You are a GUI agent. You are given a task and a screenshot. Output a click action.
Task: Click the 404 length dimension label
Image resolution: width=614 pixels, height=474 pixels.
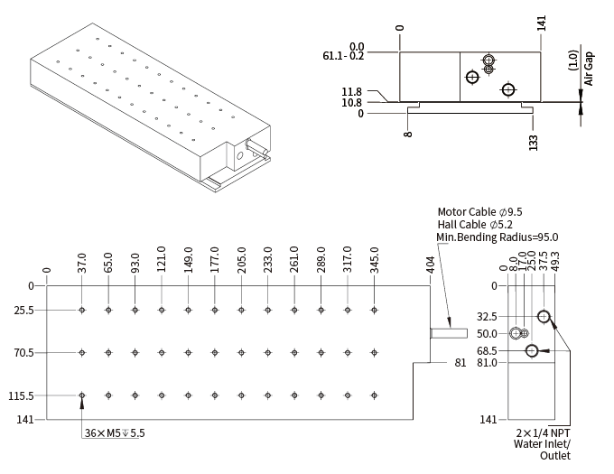click(431, 265)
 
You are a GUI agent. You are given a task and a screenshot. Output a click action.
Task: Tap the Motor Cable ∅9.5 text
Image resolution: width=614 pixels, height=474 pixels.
click(479, 212)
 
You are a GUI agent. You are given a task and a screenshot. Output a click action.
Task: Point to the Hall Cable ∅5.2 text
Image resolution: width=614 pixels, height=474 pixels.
click(475, 224)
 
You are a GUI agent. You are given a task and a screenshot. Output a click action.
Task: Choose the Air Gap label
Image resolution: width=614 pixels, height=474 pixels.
click(589, 69)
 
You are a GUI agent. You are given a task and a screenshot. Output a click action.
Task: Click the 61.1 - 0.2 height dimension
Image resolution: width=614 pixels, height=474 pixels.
click(343, 55)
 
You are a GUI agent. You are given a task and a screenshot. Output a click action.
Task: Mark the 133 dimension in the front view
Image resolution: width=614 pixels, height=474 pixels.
click(534, 142)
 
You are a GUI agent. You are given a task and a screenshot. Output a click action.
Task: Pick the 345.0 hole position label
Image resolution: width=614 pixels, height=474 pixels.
click(375, 260)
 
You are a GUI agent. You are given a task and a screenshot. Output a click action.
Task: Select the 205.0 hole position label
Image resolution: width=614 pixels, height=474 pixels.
click(241, 260)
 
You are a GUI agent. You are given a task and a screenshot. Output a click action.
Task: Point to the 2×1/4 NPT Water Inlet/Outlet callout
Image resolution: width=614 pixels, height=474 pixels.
click(543, 443)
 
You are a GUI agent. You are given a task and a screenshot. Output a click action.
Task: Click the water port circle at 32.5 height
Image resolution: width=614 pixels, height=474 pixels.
click(544, 317)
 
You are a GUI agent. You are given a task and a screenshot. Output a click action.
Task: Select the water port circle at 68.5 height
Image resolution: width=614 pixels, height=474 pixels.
click(531, 350)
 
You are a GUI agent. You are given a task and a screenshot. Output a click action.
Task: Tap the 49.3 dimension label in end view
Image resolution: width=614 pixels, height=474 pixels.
click(555, 260)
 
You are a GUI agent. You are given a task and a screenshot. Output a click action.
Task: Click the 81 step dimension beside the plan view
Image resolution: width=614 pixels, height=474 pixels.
click(460, 363)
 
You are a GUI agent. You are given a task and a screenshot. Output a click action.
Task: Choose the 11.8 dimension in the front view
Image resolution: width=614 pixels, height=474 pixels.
click(351, 92)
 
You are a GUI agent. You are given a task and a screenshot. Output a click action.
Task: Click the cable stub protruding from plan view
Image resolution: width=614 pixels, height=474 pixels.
click(447, 333)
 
